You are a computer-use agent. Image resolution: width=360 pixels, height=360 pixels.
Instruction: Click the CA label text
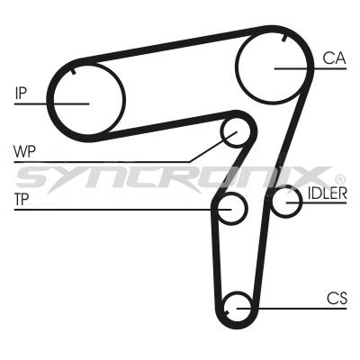[x=335, y=58]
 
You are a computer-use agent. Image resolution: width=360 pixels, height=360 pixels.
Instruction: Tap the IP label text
[x=21, y=93]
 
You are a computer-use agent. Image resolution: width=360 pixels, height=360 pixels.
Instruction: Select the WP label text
[x=24, y=152]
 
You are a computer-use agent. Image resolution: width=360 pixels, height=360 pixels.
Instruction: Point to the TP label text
[x=22, y=200]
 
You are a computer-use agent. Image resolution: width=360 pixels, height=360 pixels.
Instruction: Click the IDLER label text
[x=328, y=193]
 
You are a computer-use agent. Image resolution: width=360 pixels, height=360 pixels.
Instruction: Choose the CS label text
[x=337, y=298]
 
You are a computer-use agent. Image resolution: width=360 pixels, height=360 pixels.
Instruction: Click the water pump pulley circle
[x=236, y=133]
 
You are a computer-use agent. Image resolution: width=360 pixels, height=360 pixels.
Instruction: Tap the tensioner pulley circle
[x=232, y=208]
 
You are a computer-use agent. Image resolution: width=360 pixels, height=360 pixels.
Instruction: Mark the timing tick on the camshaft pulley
[x=284, y=38]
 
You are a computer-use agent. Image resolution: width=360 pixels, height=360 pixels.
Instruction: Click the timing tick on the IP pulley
[x=73, y=71]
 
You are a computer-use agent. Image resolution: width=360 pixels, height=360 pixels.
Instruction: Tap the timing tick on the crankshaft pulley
[x=227, y=312]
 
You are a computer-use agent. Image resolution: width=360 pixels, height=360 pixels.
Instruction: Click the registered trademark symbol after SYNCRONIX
[x=340, y=179]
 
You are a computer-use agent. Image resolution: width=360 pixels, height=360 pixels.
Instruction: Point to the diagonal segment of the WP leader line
[x=213, y=147]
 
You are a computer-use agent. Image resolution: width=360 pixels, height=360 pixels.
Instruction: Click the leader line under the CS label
[x=292, y=308]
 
